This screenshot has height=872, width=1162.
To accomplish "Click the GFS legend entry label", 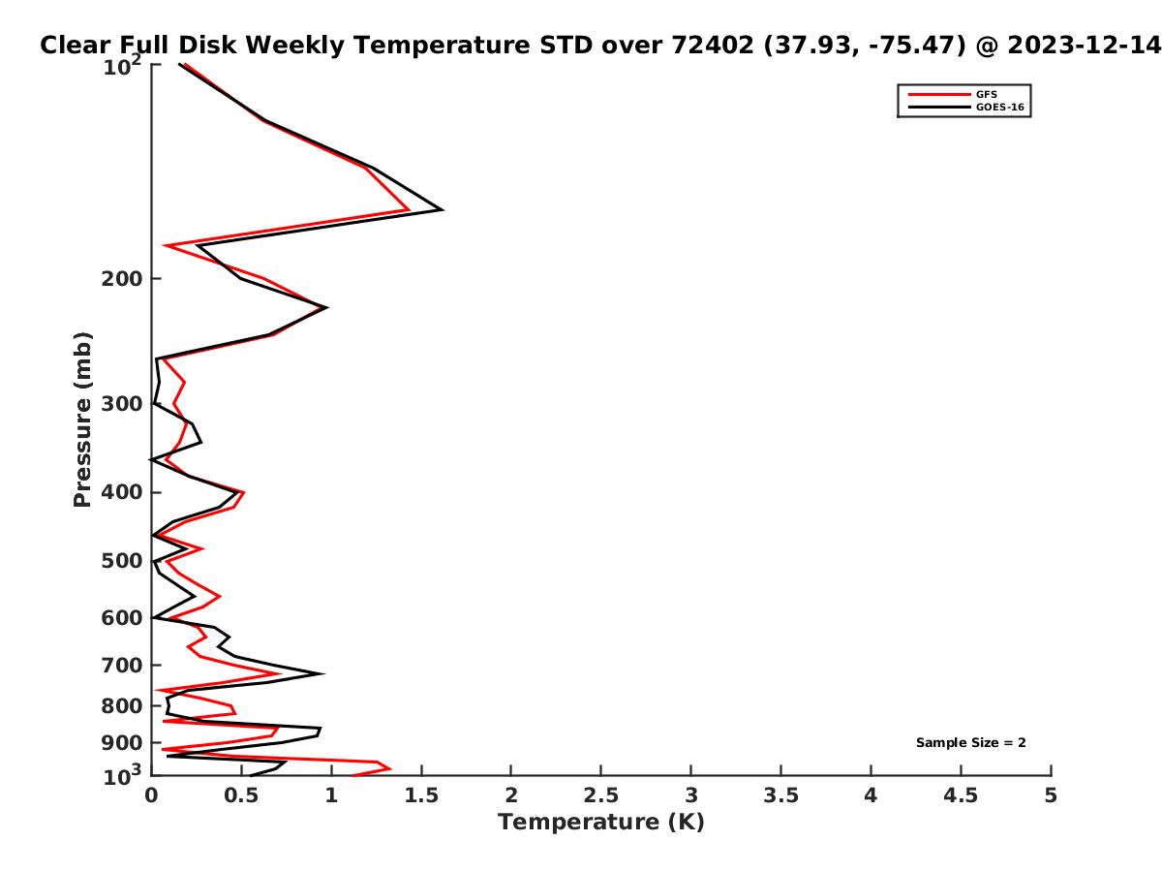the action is pos(986,94).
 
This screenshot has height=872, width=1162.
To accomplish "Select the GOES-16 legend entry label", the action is pos(999,107).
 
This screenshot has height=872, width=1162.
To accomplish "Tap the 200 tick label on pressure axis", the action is pos(122,279).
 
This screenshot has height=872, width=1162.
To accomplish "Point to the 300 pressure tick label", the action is pos(122,404).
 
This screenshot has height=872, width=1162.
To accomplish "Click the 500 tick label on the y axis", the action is pos(122,561).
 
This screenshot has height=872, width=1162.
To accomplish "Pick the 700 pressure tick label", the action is pos(122,665).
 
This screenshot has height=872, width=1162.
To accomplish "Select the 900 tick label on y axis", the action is pos(122,743).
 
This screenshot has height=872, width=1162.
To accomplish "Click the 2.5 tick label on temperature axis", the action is pos(600,795).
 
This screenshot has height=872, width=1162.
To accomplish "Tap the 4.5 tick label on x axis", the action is pos(960,795).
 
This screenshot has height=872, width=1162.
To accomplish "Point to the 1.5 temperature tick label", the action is pos(421,795).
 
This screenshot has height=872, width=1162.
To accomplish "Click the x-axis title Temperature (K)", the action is pos(601,823).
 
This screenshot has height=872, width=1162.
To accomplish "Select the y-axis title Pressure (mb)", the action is pos(82,420).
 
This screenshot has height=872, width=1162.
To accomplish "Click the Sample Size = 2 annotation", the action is pos(970,743).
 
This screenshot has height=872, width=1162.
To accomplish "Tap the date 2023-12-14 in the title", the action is pos(1084,45).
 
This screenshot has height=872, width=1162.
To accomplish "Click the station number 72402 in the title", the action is pos(712,45).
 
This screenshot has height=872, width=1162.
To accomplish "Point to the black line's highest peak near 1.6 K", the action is pos(442,209).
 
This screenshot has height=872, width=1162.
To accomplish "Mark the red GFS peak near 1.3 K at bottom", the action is pos(389,768).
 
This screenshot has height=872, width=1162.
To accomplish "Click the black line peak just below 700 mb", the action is pos(322,674).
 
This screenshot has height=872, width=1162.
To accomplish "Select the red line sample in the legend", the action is pos(938,95).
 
